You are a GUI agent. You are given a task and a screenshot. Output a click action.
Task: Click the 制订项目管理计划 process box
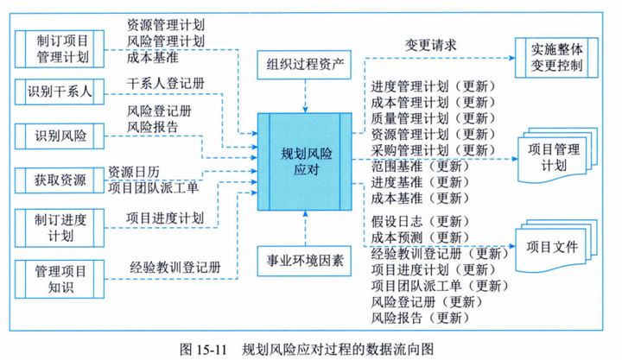pyautogui.click(x=60, y=47)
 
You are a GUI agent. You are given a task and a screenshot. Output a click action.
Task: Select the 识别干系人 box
pyautogui.click(x=60, y=89)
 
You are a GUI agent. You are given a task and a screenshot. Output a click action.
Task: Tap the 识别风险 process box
pyautogui.click(x=60, y=135)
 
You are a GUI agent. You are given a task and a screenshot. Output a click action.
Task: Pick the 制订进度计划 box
pyautogui.click(x=60, y=225)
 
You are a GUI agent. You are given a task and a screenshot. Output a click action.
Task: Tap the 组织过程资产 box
pyautogui.click(x=305, y=63)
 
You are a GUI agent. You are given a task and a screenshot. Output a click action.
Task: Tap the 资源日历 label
pyautogui.click(x=134, y=171)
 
